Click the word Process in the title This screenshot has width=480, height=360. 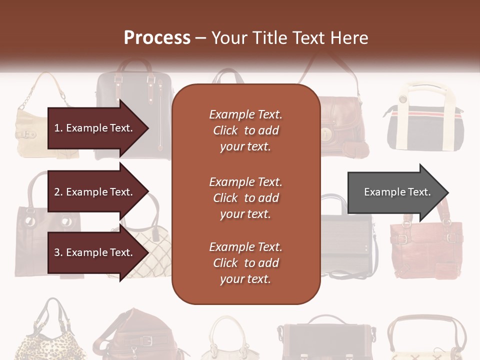click(157, 38)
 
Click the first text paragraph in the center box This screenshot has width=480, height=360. click(245, 130)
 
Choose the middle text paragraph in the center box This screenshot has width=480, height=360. click(245, 198)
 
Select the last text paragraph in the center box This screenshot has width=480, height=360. click(245, 263)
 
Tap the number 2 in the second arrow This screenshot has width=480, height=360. click(57, 192)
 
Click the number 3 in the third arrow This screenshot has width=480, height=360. click(57, 253)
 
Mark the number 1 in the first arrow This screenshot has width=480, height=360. click(57, 128)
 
